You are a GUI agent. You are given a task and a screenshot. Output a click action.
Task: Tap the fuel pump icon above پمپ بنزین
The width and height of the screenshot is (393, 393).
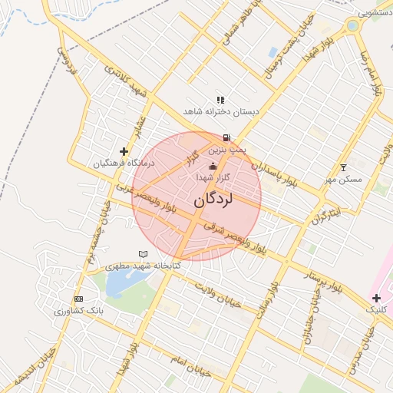coord(226,138)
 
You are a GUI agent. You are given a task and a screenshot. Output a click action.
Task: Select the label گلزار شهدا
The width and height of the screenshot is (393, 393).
coord(213,177)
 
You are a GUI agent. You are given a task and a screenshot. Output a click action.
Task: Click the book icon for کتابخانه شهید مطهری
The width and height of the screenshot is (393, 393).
coord(143,254)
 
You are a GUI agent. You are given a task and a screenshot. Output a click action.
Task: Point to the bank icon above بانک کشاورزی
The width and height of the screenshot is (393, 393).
coord(78,299)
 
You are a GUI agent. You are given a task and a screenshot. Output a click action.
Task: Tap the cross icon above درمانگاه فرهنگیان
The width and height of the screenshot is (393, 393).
coord(124,152)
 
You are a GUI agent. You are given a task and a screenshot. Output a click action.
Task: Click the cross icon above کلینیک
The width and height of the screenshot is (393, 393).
coord(376,297)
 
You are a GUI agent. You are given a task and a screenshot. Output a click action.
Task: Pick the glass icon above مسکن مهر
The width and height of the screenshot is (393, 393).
coord(343,167)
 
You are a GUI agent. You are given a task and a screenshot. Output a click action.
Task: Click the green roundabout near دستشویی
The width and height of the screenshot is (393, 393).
coord(353,25)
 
